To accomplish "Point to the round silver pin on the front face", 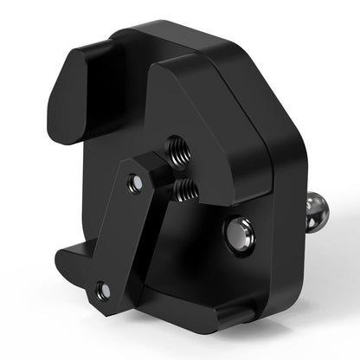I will click(238, 232).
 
